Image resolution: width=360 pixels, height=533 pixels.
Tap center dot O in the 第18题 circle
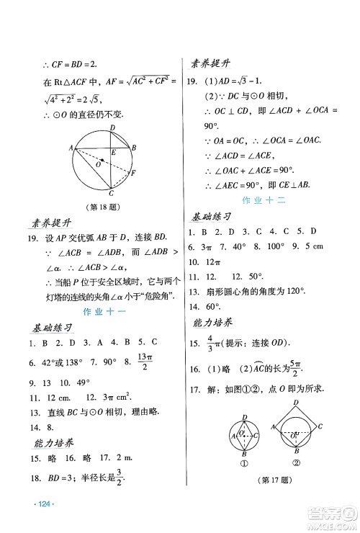pos(102,161)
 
